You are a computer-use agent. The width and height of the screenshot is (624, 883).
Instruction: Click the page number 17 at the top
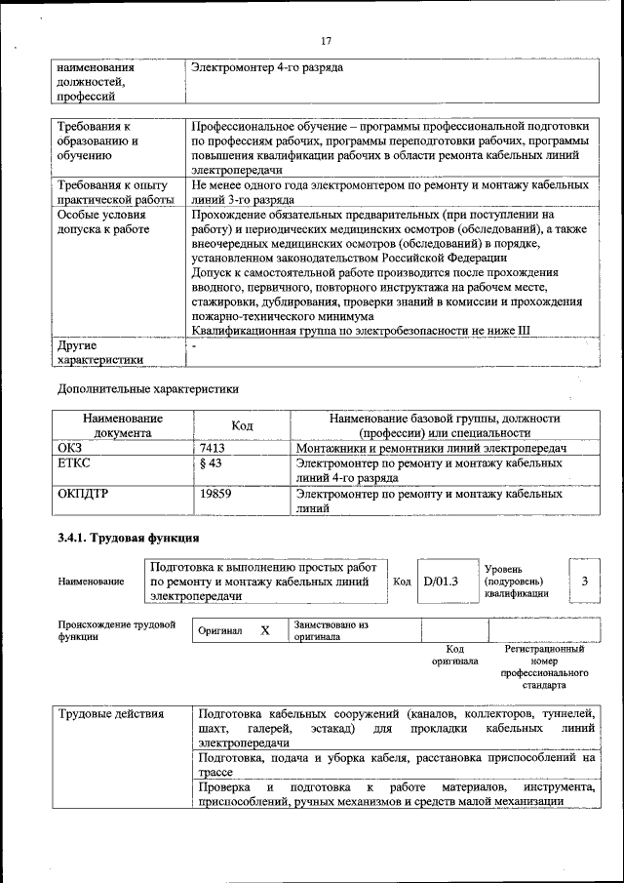pos(326,40)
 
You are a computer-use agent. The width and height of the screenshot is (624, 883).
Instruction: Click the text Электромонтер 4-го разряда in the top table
pos(267,68)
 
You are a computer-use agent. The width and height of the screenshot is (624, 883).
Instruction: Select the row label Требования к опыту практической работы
pos(112,191)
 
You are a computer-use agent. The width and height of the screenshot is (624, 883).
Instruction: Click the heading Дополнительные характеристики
pos(147,388)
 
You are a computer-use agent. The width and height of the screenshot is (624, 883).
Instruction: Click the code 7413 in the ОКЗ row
pos(213,447)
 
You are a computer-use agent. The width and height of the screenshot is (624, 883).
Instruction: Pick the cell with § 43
pos(211,463)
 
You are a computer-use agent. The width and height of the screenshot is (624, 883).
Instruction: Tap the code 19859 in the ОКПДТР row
pos(215,495)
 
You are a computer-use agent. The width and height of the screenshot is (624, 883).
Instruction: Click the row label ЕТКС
pos(74,463)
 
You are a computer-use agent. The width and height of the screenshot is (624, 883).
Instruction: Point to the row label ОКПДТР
pos(83,495)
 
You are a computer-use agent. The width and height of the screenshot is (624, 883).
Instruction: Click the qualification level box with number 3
pos(584,582)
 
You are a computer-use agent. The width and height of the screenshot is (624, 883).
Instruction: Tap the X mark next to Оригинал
pos(264,630)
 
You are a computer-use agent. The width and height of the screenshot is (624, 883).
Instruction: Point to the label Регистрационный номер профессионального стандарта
pos(544,666)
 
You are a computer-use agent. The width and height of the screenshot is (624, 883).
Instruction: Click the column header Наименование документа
pos(123,425)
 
